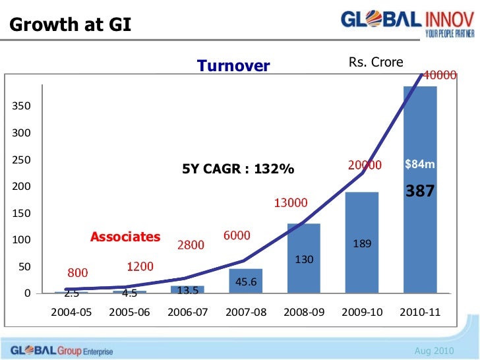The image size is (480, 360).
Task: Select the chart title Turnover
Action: coord(233,66)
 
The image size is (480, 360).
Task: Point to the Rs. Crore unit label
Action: coord(375,63)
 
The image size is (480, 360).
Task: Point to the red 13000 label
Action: coord(290,203)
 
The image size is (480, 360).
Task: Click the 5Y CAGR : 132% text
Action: coord(238,169)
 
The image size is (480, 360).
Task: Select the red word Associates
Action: coord(125,237)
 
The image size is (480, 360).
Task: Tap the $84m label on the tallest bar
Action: coord(420,164)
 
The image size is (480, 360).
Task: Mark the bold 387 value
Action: coord(420,191)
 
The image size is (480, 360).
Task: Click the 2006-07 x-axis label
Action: coord(187,312)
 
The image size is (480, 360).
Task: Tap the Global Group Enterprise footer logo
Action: coord(57,350)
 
